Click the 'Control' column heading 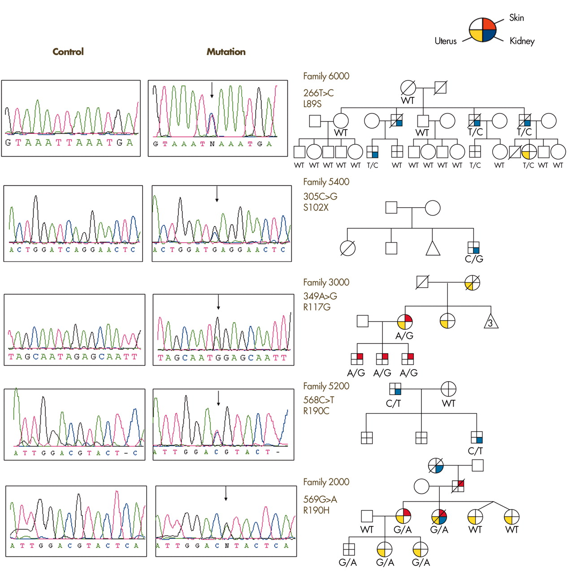click(68, 52)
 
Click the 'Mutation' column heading click(226, 52)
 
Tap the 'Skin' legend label click(516, 17)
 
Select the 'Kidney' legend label click(522, 41)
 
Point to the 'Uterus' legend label click(446, 41)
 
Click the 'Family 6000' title click(326, 76)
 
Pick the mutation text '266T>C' click(318, 93)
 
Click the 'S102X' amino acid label click(316, 207)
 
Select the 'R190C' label click(316, 411)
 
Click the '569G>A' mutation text click(320, 499)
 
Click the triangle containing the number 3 click(490, 322)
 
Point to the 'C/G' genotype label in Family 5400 click(474, 259)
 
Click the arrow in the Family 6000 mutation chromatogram click(212, 90)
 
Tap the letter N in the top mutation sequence click(212, 144)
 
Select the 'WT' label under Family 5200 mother click(449, 403)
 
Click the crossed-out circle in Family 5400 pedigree click(347, 248)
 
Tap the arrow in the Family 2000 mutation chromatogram click(226, 494)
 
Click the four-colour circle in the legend click(482, 30)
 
